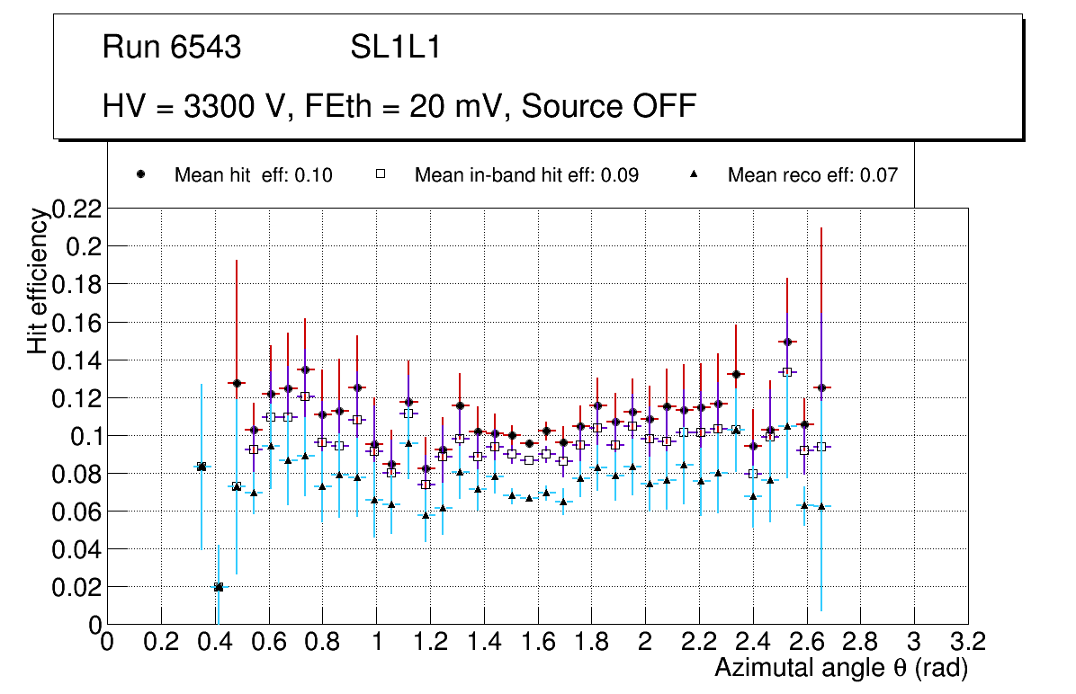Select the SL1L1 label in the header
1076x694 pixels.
(396, 48)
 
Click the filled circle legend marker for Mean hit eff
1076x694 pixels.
(141, 174)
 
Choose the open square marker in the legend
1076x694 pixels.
(381, 174)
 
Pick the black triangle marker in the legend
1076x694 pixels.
(694, 174)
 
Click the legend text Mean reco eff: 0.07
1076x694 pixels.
(812, 175)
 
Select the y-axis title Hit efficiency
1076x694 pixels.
(38, 280)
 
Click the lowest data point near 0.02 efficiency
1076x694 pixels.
(219, 587)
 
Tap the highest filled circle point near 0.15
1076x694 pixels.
(787, 342)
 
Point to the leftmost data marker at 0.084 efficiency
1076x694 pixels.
(202, 467)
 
